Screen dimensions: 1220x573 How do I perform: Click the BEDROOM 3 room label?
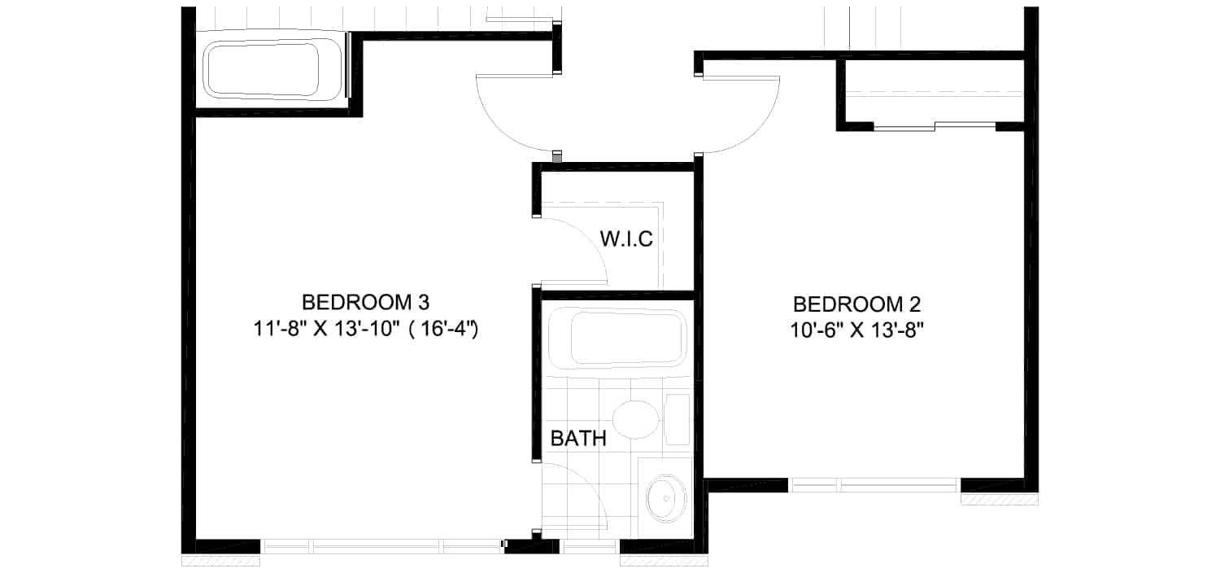[x=365, y=302]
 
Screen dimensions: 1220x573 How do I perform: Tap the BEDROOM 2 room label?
[x=856, y=304]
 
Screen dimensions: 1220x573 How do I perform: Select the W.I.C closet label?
[x=626, y=238]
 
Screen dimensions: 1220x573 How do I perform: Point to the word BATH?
[x=578, y=439]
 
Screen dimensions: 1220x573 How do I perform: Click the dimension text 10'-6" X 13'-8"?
[x=857, y=330]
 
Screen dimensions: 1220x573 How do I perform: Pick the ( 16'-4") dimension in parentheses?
[x=443, y=329]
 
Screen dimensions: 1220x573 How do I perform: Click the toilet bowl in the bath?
[x=635, y=420]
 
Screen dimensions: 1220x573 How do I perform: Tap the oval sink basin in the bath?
[x=666, y=499]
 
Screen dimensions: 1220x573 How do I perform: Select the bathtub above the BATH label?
[x=617, y=339]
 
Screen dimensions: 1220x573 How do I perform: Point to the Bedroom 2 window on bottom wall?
[x=874, y=485]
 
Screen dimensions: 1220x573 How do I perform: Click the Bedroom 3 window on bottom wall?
[x=381, y=546]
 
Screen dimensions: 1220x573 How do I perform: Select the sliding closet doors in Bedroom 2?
[x=935, y=127]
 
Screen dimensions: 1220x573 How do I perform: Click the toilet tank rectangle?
[x=677, y=420]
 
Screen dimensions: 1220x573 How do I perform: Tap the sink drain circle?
[x=666, y=499]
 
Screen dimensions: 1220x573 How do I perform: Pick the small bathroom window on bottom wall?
[x=590, y=546]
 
